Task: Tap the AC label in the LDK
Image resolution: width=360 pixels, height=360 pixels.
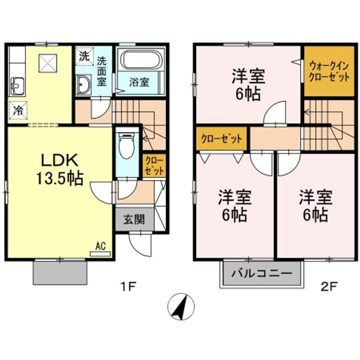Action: pyautogui.click(x=100, y=246)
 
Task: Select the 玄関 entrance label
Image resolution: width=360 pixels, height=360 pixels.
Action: pyautogui.click(x=133, y=219)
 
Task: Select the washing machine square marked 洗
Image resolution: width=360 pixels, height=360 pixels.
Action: pyautogui.click(x=84, y=56)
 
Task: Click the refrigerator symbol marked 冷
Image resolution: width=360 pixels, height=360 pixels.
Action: pyautogui.click(x=18, y=110)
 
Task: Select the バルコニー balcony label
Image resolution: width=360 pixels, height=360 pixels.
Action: pyautogui.click(x=262, y=274)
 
